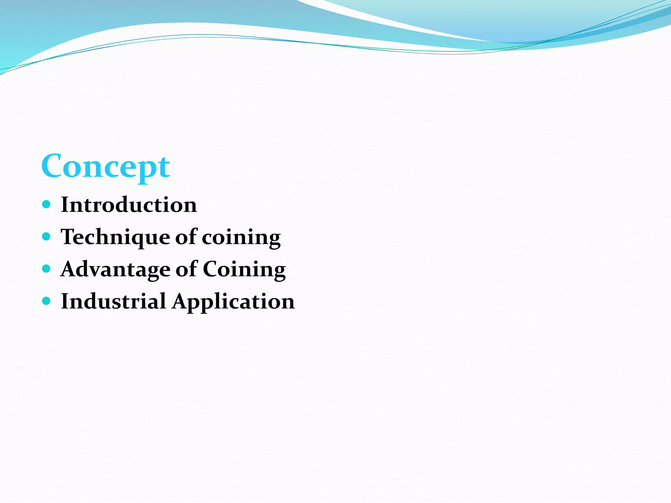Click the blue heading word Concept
click(105, 166)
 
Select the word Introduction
click(129, 205)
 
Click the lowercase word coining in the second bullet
click(241, 238)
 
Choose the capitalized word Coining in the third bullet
click(244, 270)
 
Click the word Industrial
click(113, 301)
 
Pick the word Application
click(234, 302)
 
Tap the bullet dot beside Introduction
click(47, 205)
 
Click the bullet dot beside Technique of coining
click(47, 236)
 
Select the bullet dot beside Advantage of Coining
click(47, 269)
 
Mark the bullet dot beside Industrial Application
click(47, 301)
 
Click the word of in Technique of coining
click(186, 236)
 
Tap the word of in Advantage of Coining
click(186, 269)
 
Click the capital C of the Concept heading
click(53, 166)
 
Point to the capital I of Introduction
click(65, 205)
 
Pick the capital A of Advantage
click(69, 269)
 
